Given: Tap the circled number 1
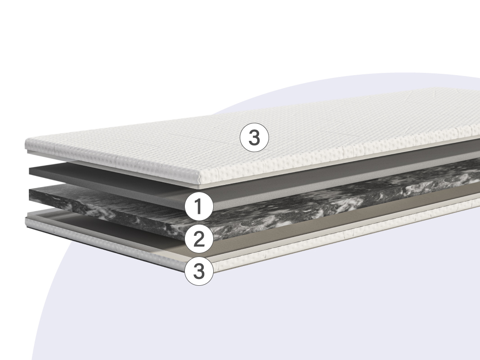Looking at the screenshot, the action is [199, 207].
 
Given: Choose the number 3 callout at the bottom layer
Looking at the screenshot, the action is [199, 271].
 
